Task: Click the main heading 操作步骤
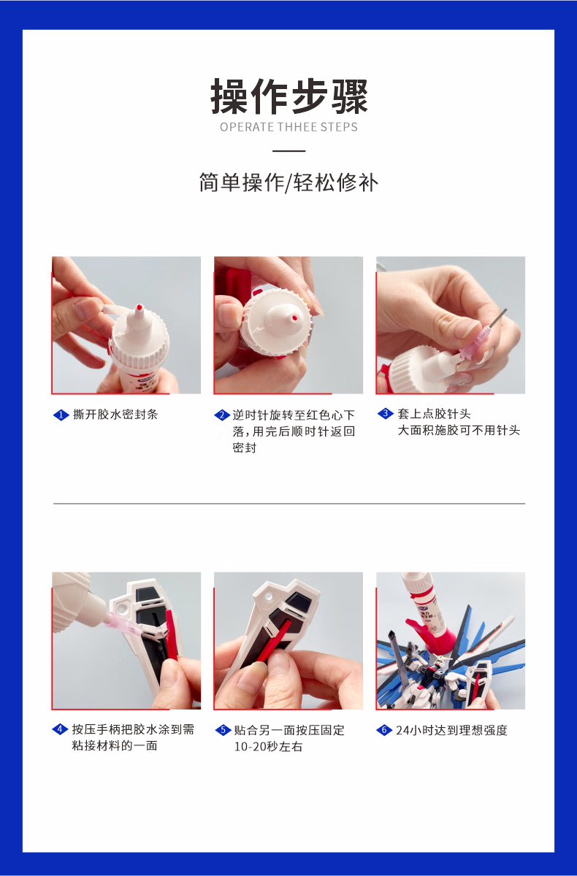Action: coord(288,96)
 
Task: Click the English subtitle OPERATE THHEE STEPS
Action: coord(288,127)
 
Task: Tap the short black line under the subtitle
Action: coord(288,150)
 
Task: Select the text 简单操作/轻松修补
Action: coord(288,182)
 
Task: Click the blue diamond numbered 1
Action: coord(61,415)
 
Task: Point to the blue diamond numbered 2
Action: coord(222,415)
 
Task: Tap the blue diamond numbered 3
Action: coord(386,413)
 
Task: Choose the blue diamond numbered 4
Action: coord(60,729)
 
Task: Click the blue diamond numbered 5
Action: coord(223,730)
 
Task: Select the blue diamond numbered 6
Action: coord(384,730)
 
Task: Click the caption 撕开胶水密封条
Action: coord(115,415)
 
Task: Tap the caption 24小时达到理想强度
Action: coord(451,730)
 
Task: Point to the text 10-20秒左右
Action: coord(268,747)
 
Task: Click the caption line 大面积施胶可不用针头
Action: coord(459,430)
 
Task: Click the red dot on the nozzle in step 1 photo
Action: coord(138,307)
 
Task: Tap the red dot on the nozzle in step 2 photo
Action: coord(294,318)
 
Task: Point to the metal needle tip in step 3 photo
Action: coord(506,310)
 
